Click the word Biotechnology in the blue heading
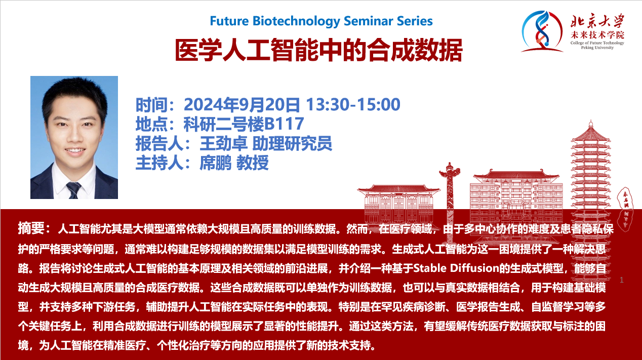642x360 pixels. [296, 21]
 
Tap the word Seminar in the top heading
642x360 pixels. [369, 21]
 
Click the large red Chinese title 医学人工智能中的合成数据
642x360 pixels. [318, 51]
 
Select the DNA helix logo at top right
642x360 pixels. [541, 31]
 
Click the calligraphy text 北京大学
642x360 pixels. [597, 21]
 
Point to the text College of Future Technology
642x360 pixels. [597, 43]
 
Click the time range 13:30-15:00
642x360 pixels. [353, 104]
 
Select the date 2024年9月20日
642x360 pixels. [242, 105]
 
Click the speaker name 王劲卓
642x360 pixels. [224, 143]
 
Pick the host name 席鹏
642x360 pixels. [216, 163]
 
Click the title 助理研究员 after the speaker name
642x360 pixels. [292, 143]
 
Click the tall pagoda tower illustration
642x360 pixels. [590, 201]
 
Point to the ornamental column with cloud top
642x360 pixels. [450, 195]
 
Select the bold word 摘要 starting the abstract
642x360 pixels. [31, 228]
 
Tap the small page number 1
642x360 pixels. [622, 280]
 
